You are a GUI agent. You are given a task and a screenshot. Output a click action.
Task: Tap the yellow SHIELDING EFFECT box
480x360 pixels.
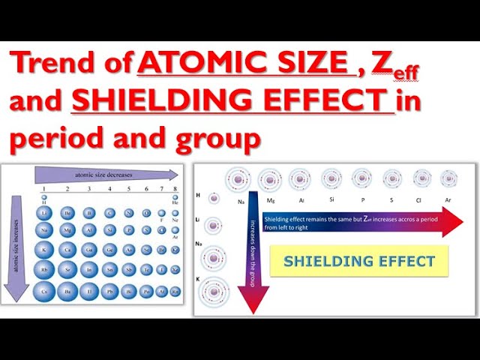click(358, 261)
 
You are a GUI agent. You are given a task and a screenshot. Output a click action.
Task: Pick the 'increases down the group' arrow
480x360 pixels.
click(253, 247)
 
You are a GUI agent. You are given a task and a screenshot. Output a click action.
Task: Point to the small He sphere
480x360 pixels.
click(174, 196)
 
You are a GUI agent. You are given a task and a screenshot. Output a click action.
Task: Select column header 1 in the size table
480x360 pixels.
click(45, 187)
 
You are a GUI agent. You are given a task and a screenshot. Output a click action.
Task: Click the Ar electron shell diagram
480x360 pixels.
click(448, 178)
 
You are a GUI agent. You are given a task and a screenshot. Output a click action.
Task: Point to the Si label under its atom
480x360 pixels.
click(331, 200)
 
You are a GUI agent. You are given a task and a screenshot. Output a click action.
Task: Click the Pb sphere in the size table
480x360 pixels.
click(109, 291)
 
